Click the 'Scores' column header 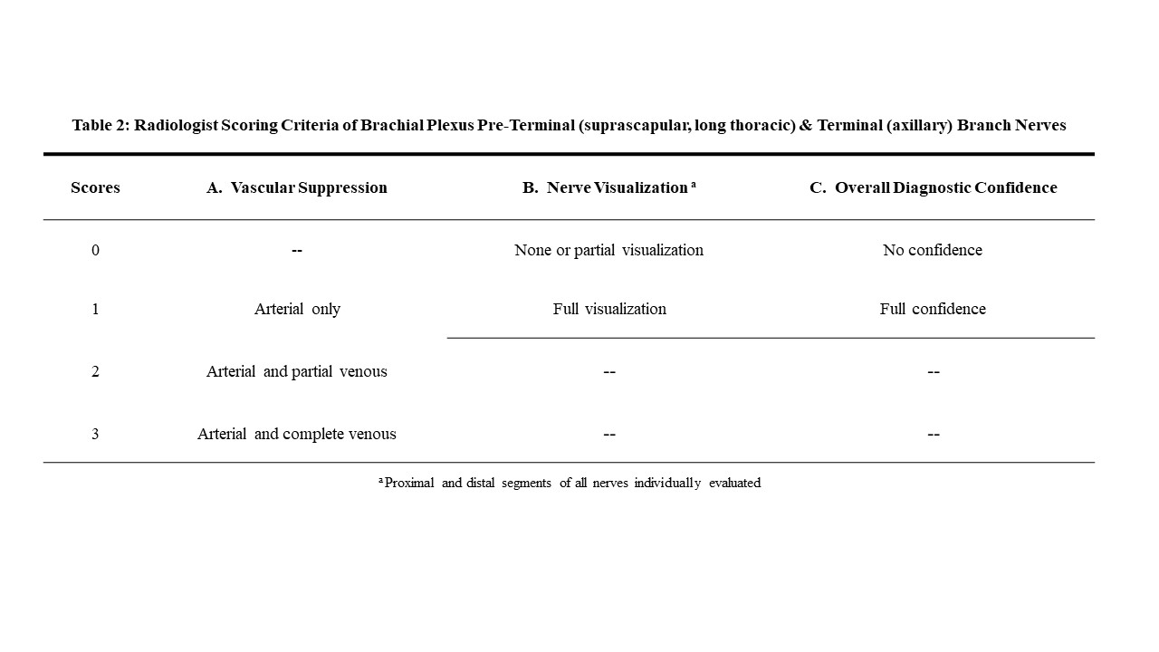tap(95, 188)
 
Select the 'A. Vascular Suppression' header tap(297, 188)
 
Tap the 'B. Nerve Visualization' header tap(608, 188)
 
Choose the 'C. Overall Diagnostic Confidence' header tap(933, 188)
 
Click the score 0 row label tap(95, 250)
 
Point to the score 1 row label tap(95, 309)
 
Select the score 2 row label tap(95, 371)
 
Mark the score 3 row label tap(95, 434)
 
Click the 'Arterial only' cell tap(297, 309)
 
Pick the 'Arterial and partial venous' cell tap(297, 371)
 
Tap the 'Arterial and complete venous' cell tap(297, 434)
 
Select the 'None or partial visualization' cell tap(608, 250)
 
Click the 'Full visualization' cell tap(609, 309)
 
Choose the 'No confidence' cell tap(933, 250)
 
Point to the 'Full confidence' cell tap(933, 309)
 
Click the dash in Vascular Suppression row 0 tap(297, 250)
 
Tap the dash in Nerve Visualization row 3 tap(609, 435)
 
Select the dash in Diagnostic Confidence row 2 tap(934, 372)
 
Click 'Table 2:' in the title tap(101, 125)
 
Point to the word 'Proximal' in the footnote tap(409, 483)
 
